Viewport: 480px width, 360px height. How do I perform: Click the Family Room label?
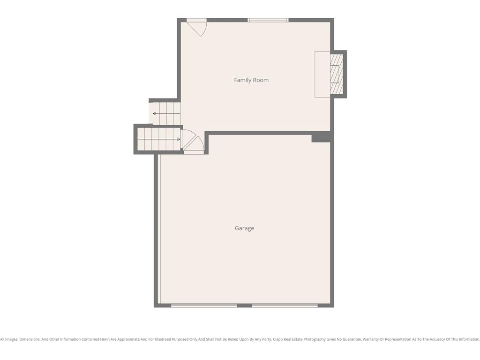[251, 80]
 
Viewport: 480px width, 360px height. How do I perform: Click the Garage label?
[244, 228]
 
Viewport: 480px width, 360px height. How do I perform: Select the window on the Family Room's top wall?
[268, 20]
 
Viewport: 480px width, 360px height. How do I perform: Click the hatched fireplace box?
[337, 74]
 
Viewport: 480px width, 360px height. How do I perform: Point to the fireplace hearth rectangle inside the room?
[322, 75]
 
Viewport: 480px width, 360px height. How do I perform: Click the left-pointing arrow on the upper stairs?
[166, 113]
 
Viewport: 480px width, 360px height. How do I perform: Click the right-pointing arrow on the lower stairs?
[159, 139]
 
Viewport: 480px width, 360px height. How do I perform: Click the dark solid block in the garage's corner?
[321, 137]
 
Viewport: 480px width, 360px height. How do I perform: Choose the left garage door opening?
[204, 305]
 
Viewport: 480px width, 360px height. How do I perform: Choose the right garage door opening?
[285, 305]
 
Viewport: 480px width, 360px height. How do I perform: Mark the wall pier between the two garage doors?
[244, 305]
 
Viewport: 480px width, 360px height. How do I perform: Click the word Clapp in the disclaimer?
[277, 339]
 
